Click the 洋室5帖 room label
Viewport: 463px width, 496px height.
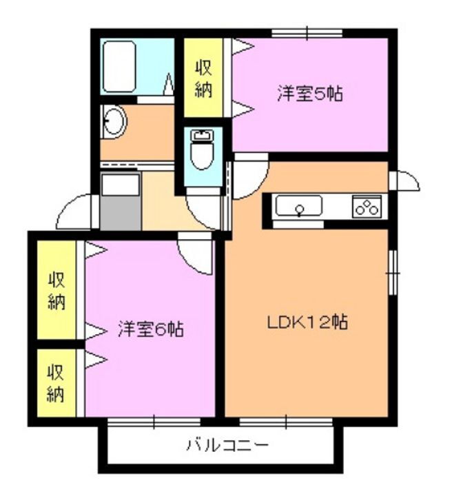click(310, 94)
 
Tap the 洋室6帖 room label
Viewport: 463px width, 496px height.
click(150, 329)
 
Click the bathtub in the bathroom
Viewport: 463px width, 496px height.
click(121, 66)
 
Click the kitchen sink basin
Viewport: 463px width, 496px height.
click(299, 206)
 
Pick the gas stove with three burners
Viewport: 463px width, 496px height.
click(367, 206)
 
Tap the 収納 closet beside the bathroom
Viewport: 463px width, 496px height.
click(203, 79)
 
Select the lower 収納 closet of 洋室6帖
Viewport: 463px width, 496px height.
click(55, 383)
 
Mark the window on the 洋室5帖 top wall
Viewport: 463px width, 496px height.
click(307, 32)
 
